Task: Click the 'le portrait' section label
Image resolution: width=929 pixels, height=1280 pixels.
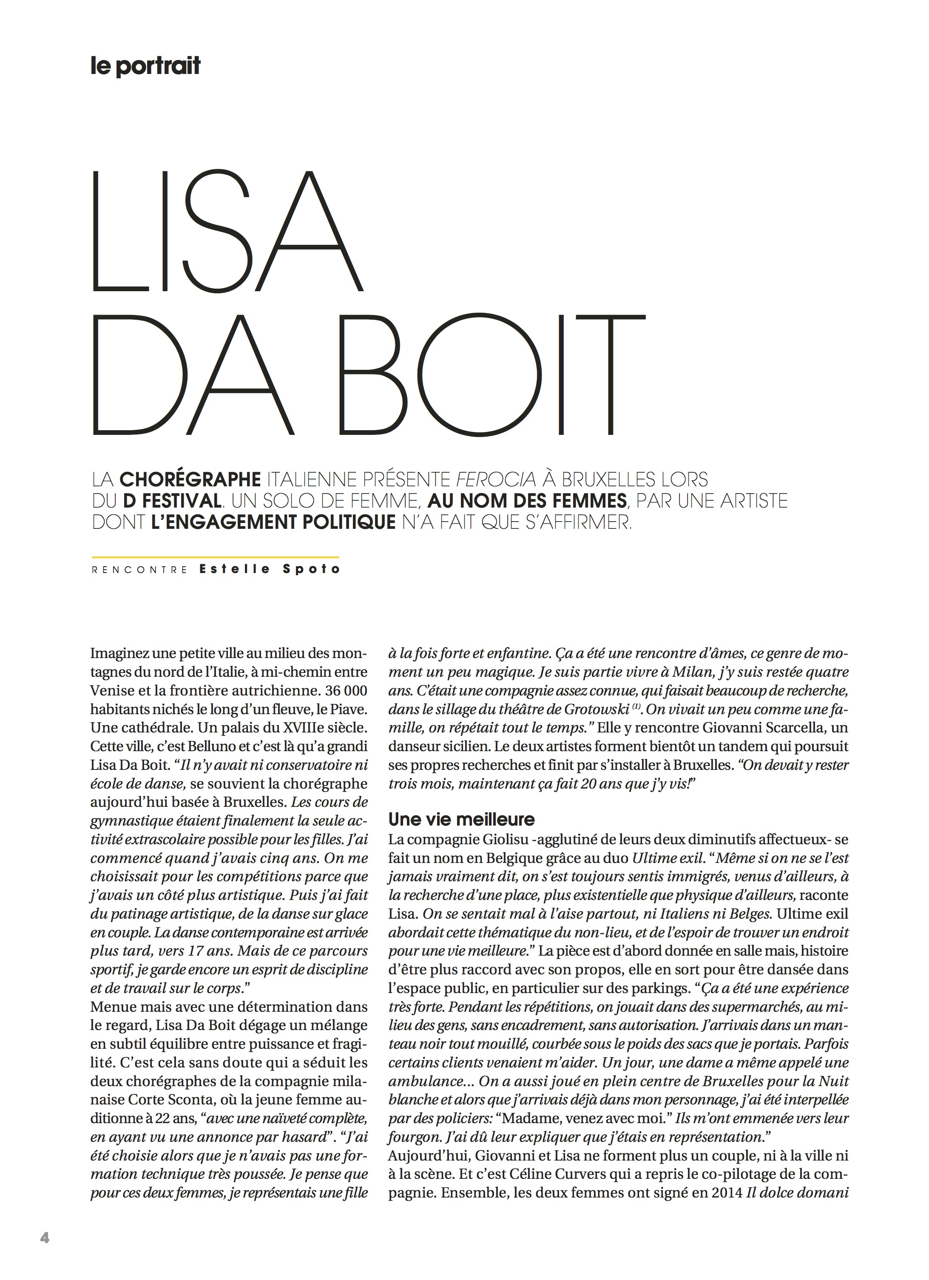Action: tap(145, 66)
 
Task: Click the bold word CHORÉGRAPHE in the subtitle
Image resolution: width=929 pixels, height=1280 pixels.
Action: tap(190, 479)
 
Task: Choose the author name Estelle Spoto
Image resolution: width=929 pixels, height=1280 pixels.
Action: tap(270, 570)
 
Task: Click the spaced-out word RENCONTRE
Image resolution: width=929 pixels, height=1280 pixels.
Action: tap(139, 570)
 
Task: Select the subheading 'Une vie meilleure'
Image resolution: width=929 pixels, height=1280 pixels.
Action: tap(461, 819)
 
